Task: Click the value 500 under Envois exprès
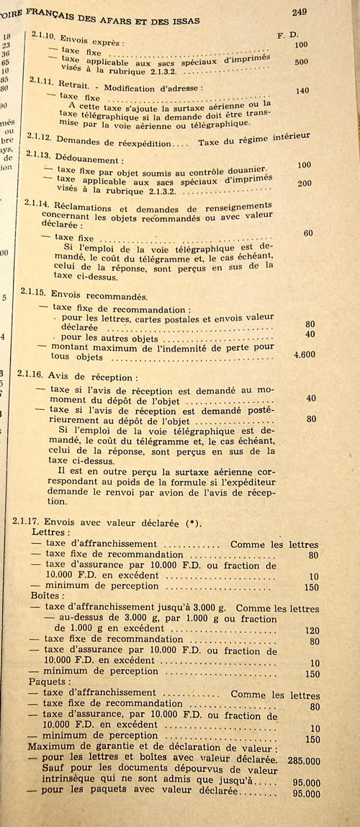click(301, 62)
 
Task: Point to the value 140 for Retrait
click(302, 91)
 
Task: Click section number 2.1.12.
click(39, 137)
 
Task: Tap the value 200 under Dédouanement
click(304, 183)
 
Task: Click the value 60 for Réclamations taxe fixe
click(308, 233)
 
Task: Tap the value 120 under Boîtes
click(311, 629)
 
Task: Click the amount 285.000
click(302, 759)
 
